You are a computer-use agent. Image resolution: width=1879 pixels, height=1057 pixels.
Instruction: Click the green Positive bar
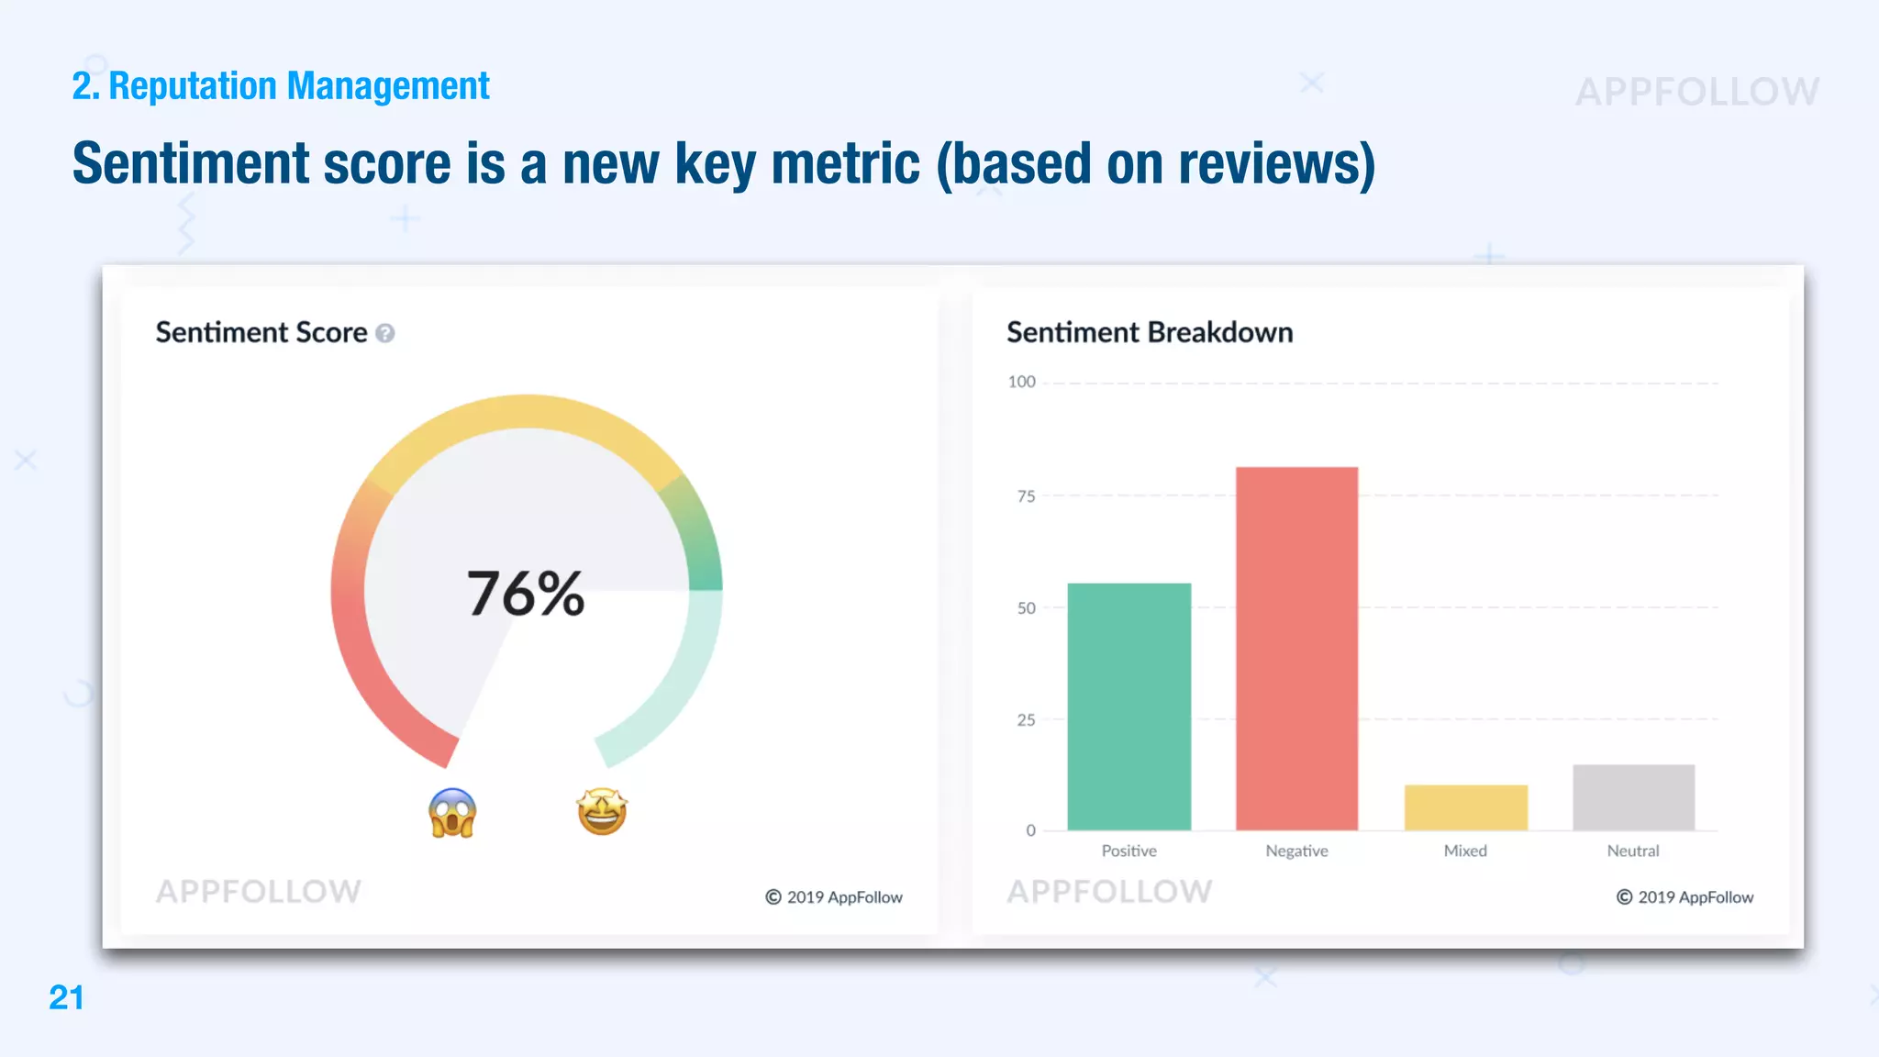coord(1129,707)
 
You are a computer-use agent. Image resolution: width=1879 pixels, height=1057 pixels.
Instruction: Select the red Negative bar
coord(1296,649)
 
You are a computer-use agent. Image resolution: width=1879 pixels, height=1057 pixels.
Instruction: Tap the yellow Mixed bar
coord(1465,807)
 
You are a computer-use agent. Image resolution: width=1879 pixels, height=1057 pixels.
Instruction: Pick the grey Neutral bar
coord(1633,797)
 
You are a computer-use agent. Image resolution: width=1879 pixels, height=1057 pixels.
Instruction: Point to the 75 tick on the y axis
coord(1026,496)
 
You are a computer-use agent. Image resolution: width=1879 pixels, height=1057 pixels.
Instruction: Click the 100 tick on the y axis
coord(1021,382)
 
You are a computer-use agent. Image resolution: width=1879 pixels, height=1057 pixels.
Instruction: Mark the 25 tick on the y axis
coord(1026,720)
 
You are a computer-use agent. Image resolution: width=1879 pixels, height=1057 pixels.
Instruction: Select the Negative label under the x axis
coord(1296,851)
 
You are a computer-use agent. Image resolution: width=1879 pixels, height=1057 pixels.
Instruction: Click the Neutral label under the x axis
coord(1633,851)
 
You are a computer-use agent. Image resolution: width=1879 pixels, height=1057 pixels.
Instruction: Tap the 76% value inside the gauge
coord(526,594)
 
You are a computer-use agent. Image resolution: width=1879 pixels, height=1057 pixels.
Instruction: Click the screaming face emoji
coord(452,813)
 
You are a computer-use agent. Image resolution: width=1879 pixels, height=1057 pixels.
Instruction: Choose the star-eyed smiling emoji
coord(602,811)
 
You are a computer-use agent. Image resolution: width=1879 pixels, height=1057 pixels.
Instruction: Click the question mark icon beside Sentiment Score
coord(385,333)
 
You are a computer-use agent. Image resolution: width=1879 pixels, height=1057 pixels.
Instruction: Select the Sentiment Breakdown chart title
coord(1150,332)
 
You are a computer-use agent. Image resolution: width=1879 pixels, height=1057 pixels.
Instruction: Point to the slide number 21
coord(66,997)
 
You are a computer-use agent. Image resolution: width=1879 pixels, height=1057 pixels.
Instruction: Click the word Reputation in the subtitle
coord(193,86)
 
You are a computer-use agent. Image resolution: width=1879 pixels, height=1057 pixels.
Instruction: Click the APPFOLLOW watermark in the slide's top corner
coord(1697,92)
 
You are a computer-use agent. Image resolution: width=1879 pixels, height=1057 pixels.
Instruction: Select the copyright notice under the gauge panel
coord(834,897)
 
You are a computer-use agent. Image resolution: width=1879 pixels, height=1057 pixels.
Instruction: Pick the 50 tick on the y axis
coord(1026,608)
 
